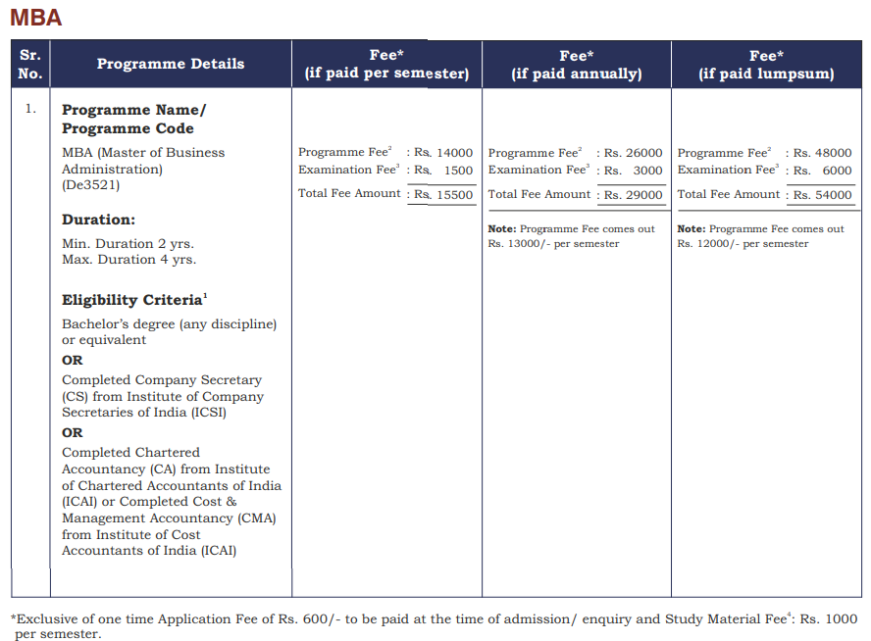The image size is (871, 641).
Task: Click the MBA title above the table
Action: [35, 18]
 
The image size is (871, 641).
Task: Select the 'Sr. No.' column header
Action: [30, 64]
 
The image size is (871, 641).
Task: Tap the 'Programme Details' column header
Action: [171, 64]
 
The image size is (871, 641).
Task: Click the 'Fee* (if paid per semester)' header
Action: [386, 65]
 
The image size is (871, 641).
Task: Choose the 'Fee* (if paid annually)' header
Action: [577, 65]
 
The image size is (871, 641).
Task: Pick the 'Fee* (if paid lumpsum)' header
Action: [766, 65]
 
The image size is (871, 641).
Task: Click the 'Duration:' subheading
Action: [98, 220]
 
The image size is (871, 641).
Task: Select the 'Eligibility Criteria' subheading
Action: [131, 300]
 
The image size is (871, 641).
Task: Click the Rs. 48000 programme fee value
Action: [823, 153]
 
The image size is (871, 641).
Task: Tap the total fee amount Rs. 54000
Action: [823, 195]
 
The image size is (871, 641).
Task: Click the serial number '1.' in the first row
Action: [30, 109]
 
